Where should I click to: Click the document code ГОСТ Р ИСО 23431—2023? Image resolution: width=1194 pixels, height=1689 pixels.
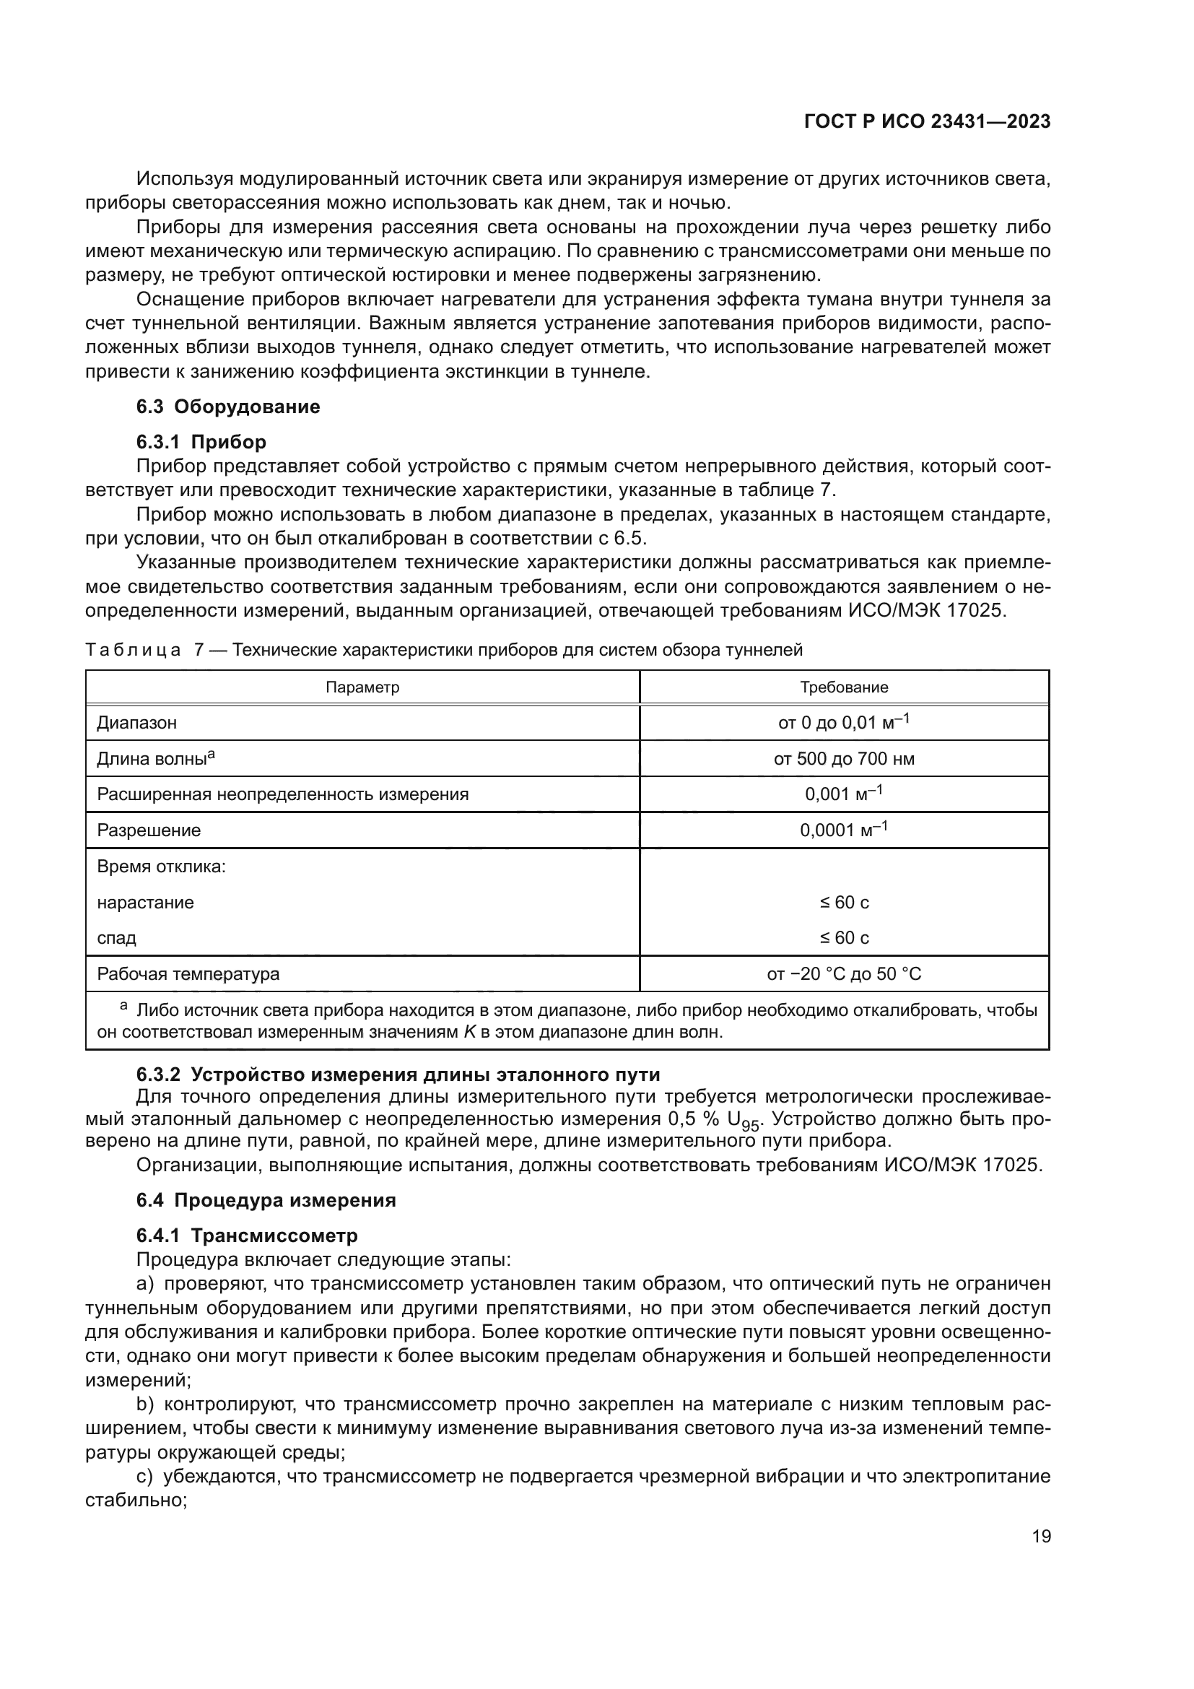pos(927,122)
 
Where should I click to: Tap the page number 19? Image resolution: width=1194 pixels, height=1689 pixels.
pos(1041,1537)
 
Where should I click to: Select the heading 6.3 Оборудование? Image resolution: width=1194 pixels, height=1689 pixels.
pos(228,407)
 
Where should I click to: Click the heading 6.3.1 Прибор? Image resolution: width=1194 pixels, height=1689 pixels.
pos(201,442)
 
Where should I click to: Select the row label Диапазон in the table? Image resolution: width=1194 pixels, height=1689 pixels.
pos(136,722)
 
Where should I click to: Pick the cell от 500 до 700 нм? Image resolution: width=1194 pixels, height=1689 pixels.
pos(844,758)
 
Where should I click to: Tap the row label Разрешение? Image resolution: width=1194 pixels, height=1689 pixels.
pos(149,830)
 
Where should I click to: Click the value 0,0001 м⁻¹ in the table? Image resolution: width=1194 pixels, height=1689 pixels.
pos(844,830)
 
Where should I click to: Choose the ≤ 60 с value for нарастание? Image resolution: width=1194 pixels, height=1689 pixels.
pos(844,903)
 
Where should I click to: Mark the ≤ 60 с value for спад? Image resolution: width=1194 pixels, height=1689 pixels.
pos(844,938)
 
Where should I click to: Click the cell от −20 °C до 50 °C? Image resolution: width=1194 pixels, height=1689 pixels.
pos(844,974)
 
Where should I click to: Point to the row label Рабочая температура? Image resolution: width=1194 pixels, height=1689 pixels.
pos(188,974)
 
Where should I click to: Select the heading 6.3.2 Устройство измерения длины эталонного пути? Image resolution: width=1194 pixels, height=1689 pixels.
pos(398,1074)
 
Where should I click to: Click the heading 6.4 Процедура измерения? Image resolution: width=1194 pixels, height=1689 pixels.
pos(266,1201)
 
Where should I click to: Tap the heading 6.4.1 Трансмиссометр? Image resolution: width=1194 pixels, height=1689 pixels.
pos(247,1236)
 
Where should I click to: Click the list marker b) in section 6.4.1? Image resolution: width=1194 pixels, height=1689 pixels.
pos(145,1404)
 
